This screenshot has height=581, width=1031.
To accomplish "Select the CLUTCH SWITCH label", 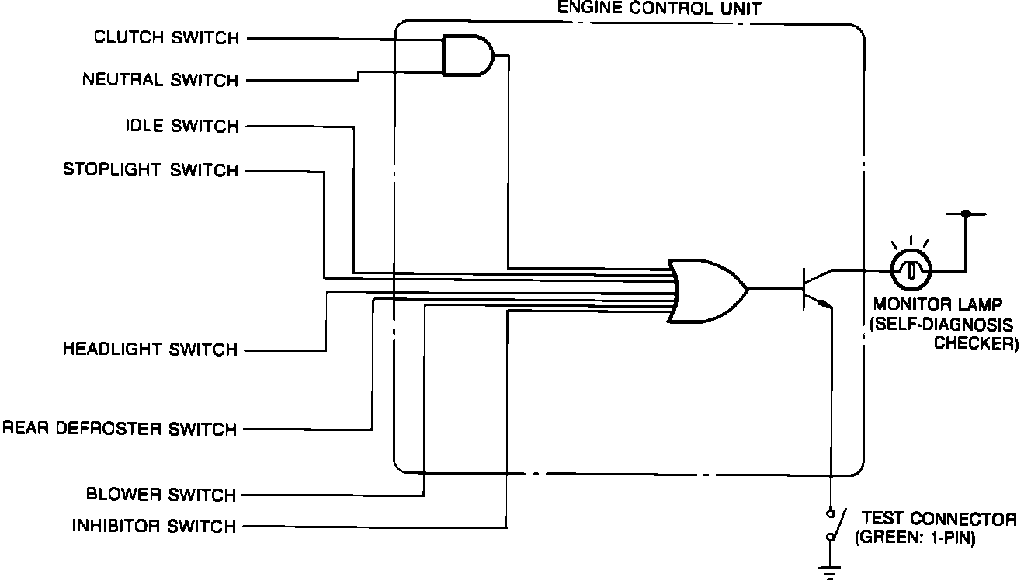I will pos(166,37).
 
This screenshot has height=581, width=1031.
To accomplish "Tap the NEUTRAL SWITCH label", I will pos(160,80).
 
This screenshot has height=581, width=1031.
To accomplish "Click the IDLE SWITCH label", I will pos(182,126).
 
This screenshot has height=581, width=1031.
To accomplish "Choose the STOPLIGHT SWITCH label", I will pos(151,170).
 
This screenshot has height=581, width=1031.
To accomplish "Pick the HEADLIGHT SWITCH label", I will pos(150,350).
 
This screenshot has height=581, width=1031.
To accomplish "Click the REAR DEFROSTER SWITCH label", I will pos(120,429).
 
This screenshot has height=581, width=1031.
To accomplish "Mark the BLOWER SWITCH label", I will pos(161,495).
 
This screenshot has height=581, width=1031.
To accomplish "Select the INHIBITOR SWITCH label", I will pos(154,526).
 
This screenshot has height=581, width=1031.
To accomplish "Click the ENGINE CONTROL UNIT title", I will pos(658,9).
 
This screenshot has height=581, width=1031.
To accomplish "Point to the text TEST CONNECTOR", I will pos(939,519).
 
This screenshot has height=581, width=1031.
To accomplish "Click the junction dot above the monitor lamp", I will pos(965,213).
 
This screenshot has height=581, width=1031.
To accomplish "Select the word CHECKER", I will pos(976,343).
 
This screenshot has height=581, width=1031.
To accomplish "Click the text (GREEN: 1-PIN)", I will pos(913,537).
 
